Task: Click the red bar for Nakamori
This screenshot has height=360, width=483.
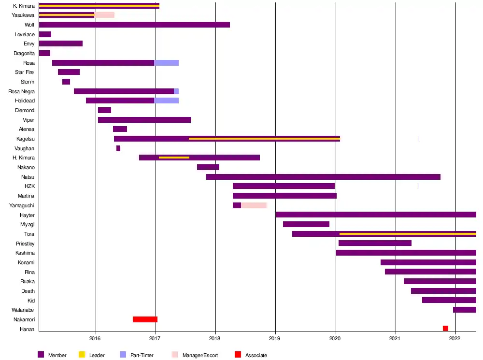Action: point(145,319)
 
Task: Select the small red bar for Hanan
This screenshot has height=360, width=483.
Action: point(445,329)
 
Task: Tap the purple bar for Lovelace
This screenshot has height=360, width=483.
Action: point(45,34)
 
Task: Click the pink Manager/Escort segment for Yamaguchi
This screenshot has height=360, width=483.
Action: point(254,205)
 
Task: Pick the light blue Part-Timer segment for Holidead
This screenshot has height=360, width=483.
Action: point(166,101)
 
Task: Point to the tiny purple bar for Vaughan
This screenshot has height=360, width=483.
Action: point(118,148)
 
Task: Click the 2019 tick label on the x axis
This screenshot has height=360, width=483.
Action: point(275,339)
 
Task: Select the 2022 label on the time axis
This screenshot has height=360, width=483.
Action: point(455,339)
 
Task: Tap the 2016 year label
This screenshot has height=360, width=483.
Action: point(96,339)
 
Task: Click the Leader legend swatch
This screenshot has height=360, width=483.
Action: point(82,355)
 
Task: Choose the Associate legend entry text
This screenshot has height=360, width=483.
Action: point(256,356)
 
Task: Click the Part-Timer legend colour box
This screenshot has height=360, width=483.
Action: point(123,355)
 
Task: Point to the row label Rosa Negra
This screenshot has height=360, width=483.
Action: point(22,91)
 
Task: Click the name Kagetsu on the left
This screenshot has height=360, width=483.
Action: point(26,139)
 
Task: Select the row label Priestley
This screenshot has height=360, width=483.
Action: point(25,244)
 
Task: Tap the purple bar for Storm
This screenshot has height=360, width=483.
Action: point(66,82)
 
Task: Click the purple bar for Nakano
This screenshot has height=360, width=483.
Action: point(208,167)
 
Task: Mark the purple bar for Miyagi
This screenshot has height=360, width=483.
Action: point(306,224)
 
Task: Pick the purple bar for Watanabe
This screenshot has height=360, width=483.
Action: point(464,310)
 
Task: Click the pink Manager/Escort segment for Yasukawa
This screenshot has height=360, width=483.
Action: point(104,15)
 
